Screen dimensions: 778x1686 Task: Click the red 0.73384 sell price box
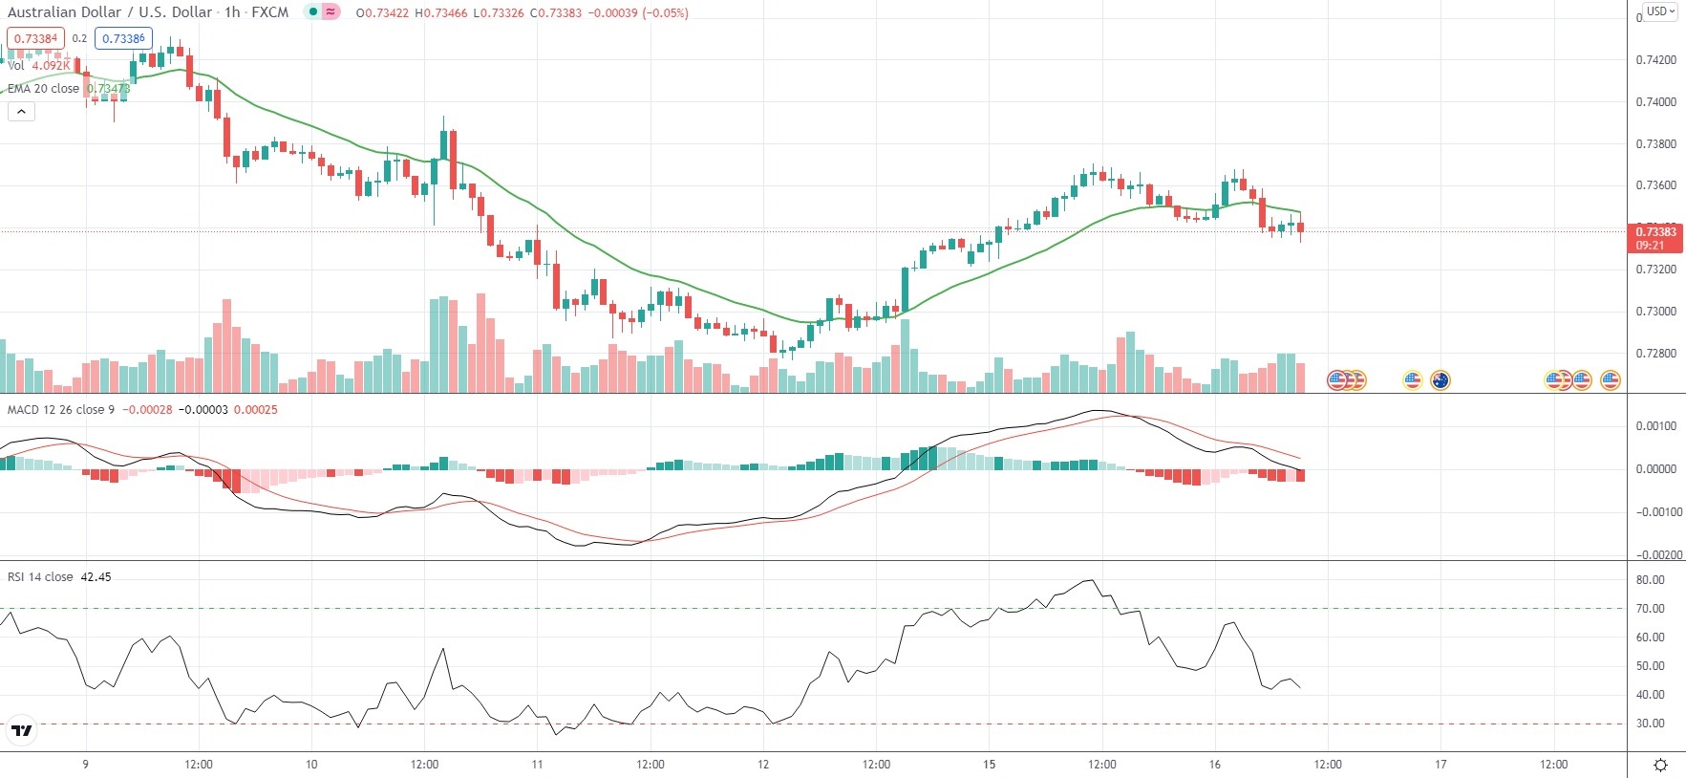click(36, 38)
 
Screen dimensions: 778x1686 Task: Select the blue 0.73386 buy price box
click(123, 38)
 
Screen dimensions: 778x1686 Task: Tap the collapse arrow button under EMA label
click(21, 111)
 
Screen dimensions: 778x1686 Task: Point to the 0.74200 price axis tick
click(1655, 59)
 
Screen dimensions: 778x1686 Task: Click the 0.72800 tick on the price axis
click(1655, 354)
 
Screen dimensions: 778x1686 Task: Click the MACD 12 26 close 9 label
click(61, 409)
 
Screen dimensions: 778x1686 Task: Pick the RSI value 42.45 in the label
click(96, 577)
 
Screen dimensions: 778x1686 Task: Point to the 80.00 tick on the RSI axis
click(1650, 580)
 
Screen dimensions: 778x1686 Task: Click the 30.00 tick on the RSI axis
click(1650, 724)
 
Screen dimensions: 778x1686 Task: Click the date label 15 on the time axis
click(989, 764)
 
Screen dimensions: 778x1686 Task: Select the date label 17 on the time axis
click(1441, 764)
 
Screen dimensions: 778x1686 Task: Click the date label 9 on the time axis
click(85, 764)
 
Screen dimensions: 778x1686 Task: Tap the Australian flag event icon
click(1440, 380)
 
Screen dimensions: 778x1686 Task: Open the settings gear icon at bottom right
click(1660, 765)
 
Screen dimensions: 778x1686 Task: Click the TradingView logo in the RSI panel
click(21, 731)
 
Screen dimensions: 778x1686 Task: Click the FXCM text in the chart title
click(270, 12)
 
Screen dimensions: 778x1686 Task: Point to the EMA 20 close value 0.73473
click(107, 89)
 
